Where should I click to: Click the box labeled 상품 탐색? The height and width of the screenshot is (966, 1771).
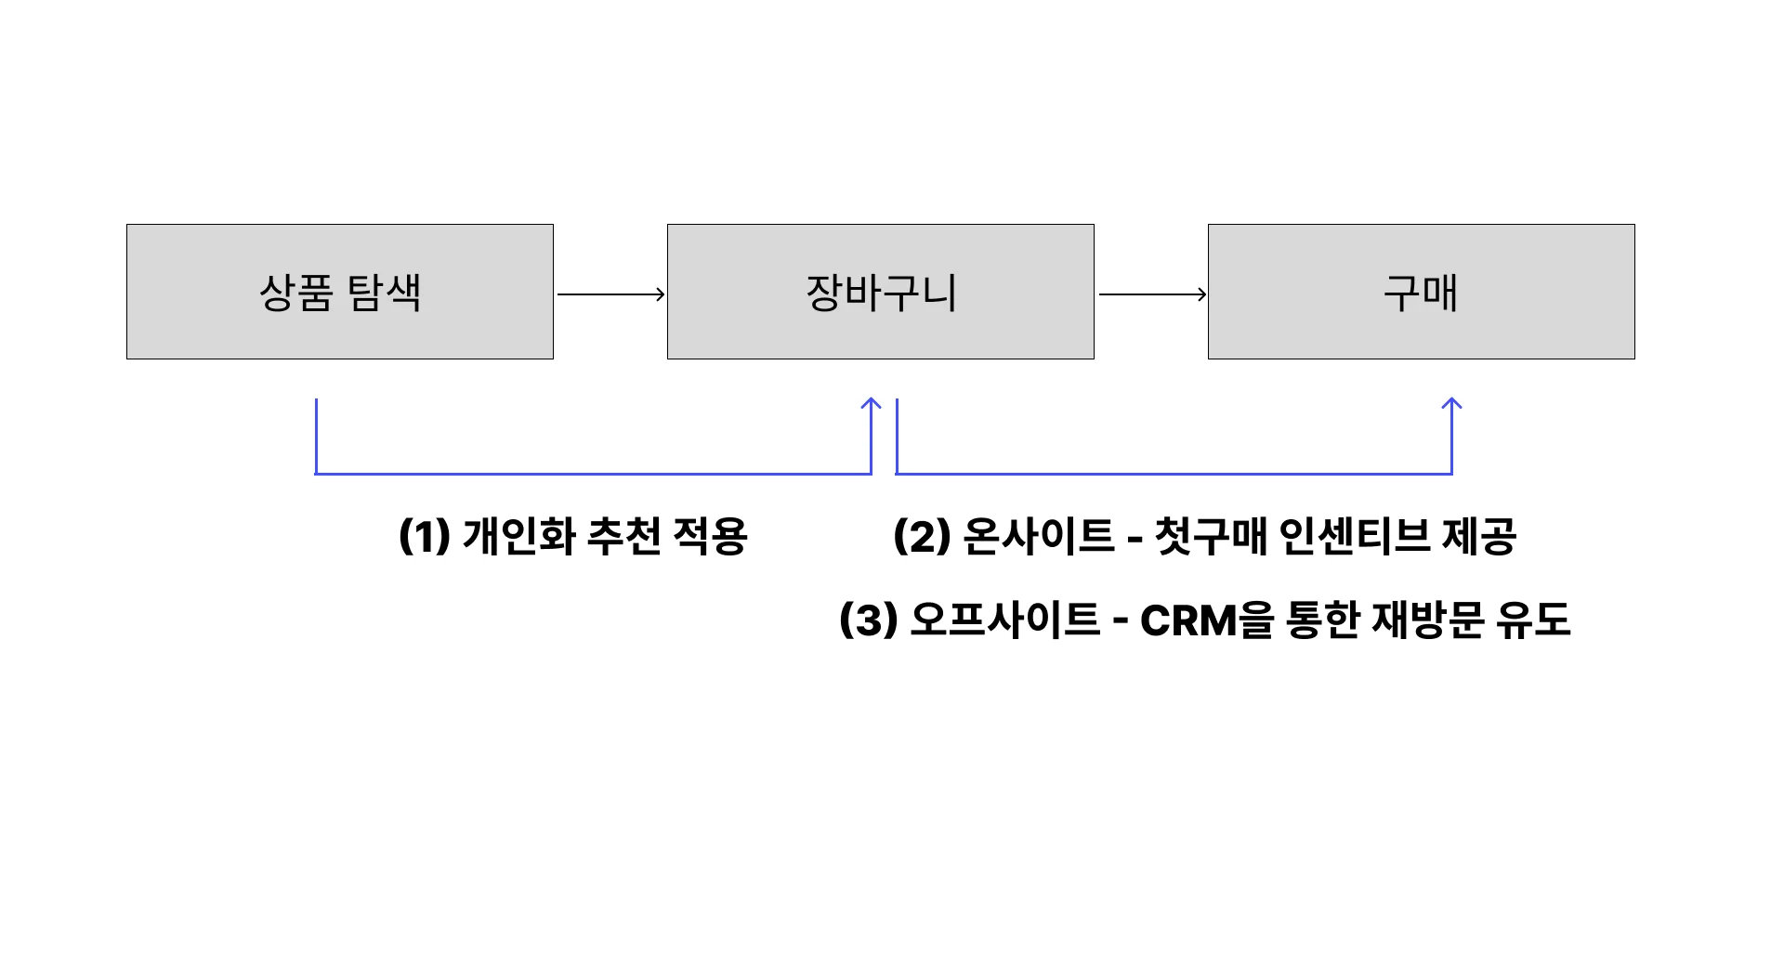[x=340, y=292]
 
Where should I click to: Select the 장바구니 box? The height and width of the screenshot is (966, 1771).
[x=880, y=292]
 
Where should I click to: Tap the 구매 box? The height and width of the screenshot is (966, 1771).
[x=1421, y=292]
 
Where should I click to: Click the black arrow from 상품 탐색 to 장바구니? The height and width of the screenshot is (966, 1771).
[x=610, y=294]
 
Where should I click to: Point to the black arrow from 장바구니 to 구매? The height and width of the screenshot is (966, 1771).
[x=1152, y=294]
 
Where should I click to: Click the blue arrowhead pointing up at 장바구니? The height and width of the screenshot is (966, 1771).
[x=871, y=404]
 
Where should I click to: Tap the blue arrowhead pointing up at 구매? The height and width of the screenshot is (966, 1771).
[x=1451, y=404]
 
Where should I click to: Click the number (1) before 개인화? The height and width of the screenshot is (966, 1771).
[x=424, y=536]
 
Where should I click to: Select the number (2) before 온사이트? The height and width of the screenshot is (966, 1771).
[x=921, y=536]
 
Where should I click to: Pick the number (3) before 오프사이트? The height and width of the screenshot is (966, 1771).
[x=868, y=620]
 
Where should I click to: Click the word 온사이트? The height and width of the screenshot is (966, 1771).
[x=1038, y=536]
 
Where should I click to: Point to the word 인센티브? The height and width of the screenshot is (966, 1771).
[x=1354, y=536]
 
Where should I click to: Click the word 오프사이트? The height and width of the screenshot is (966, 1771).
[x=1004, y=620]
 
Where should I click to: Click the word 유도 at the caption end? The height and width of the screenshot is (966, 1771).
[x=1532, y=620]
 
